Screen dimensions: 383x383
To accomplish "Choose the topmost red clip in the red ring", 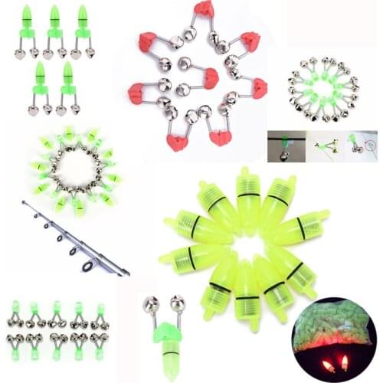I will [204, 10].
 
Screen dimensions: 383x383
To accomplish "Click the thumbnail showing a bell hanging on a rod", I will [286, 145].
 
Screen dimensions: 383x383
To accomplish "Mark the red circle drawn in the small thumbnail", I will [369, 145].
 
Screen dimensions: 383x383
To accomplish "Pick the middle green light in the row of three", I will [54, 27].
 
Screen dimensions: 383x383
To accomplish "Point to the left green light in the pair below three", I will [40, 84].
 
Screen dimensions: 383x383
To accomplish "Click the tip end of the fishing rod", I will [23, 202].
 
